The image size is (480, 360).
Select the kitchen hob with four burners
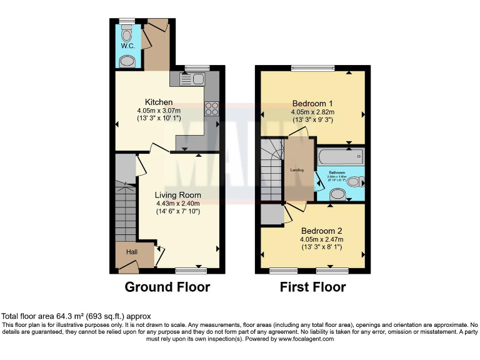[x=211, y=109]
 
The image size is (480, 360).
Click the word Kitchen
[x=159, y=102]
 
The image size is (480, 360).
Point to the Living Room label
[x=177, y=194]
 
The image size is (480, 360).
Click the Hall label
[x=132, y=252]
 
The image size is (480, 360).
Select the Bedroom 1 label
[x=312, y=103]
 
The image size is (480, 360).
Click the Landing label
[x=297, y=169]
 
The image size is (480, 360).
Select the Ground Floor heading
[x=167, y=287]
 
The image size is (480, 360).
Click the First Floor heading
[x=312, y=287]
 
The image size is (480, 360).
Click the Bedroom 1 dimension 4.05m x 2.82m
[x=312, y=112]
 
